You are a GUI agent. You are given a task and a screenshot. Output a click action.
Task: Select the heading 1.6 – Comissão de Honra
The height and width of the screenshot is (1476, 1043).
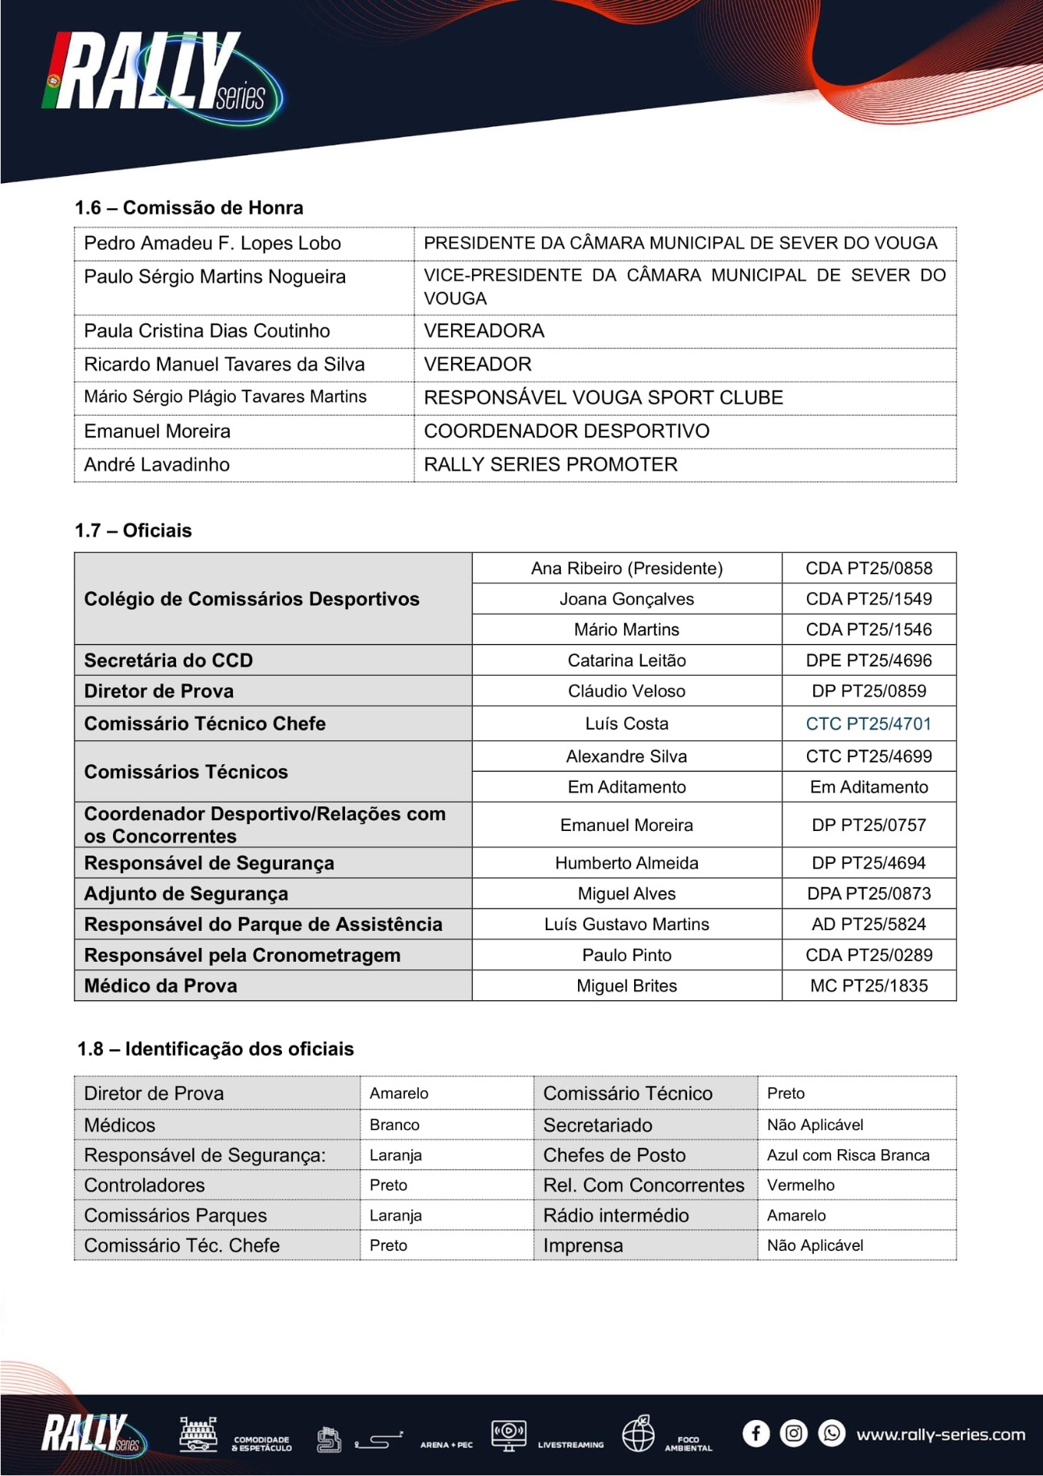[189, 208]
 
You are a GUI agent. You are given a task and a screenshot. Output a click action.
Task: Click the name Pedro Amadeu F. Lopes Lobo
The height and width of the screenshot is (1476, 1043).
[212, 244]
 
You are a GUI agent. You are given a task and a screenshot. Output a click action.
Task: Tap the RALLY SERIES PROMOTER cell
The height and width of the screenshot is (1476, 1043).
[550, 465]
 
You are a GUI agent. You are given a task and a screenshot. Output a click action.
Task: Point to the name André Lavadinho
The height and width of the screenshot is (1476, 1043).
[157, 465]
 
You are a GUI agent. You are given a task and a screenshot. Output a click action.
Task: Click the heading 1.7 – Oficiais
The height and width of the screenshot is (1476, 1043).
[133, 530]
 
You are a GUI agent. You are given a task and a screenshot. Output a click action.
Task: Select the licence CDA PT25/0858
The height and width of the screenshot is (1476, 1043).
[869, 569]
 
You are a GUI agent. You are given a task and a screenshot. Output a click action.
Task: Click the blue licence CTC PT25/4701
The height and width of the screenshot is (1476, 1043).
[869, 724]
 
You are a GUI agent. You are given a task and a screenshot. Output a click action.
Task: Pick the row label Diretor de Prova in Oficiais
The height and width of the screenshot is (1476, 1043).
[159, 691]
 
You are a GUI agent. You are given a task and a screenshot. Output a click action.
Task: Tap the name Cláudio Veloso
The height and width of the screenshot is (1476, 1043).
[626, 691]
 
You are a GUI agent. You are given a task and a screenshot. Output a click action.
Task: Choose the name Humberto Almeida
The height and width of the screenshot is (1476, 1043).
[626, 863]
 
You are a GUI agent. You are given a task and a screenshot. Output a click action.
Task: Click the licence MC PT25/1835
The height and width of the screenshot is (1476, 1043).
[869, 986]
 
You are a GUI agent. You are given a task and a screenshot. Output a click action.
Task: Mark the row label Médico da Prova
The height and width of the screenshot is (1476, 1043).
[161, 986]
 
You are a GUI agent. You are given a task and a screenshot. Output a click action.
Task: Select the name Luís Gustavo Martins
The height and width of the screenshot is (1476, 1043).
[626, 925]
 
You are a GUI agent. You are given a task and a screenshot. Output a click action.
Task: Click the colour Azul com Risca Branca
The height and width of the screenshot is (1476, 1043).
[848, 1155]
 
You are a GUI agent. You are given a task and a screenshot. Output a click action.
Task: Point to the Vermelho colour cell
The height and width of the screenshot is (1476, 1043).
[800, 1185]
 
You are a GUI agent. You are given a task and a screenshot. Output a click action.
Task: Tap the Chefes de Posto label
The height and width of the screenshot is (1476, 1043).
[614, 1155]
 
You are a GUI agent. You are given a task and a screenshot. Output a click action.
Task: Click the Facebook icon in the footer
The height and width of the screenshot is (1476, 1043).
[756, 1434]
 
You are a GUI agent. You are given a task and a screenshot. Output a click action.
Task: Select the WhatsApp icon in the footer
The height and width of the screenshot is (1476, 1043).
[831, 1434]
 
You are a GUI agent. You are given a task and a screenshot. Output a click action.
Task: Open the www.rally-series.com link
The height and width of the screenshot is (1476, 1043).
[941, 1434]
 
